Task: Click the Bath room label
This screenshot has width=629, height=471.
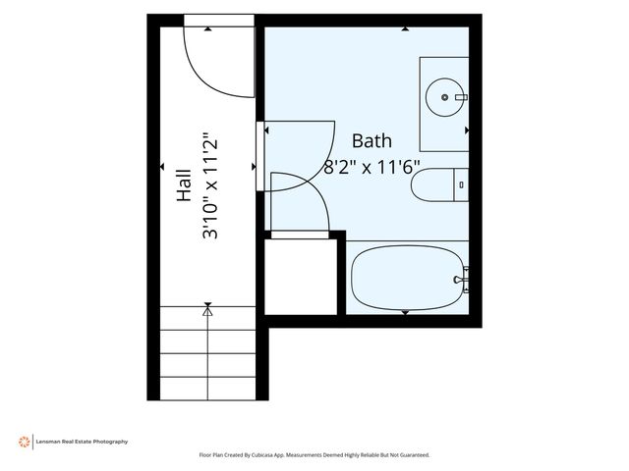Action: pyautogui.click(x=372, y=141)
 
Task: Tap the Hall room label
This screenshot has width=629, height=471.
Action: pyautogui.click(x=184, y=185)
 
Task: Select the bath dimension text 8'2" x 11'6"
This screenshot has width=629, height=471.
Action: pyautogui.click(x=372, y=167)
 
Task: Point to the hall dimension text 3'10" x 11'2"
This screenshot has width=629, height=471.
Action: pyautogui.click(x=210, y=185)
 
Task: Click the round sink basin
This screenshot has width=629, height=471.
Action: pyautogui.click(x=445, y=97)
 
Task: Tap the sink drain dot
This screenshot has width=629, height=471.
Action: pyautogui.click(x=444, y=97)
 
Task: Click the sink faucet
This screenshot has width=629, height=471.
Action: pyautogui.click(x=461, y=97)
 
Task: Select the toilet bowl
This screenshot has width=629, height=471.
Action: pyautogui.click(x=432, y=185)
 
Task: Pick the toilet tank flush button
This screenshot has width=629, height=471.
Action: pyautogui.click(x=461, y=185)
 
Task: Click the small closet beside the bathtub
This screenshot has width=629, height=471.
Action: pyautogui.click(x=301, y=277)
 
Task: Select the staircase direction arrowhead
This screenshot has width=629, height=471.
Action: pyautogui.click(x=207, y=311)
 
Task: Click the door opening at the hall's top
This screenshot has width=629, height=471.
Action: pyautogui.click(x=219, y=21)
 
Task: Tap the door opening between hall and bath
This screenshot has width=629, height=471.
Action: pyautogui.click(x=259, y=156)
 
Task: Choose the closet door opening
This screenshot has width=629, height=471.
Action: pyautogui.click(x=300, y=235)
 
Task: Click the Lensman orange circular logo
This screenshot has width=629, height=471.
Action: pyautogui.click(x=24, y=442)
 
